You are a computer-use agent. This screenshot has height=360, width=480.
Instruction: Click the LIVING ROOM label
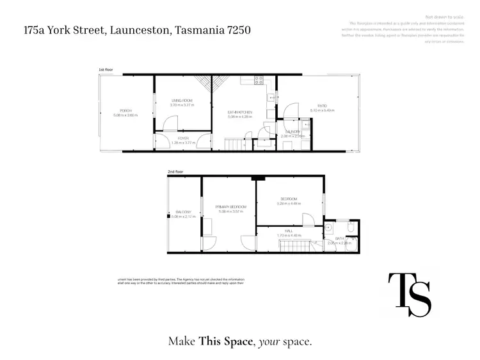182,101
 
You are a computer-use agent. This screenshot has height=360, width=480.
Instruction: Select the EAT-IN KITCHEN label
240,112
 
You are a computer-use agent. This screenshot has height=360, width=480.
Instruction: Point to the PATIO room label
323,106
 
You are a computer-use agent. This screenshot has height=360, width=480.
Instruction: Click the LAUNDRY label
293,132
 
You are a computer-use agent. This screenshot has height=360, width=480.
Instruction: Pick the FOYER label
182,138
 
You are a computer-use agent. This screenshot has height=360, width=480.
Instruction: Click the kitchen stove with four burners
259,81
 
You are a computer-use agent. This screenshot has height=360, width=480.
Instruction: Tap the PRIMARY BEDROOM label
230,206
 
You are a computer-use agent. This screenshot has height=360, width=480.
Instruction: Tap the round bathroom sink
328,227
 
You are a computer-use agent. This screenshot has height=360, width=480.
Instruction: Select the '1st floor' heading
106,69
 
